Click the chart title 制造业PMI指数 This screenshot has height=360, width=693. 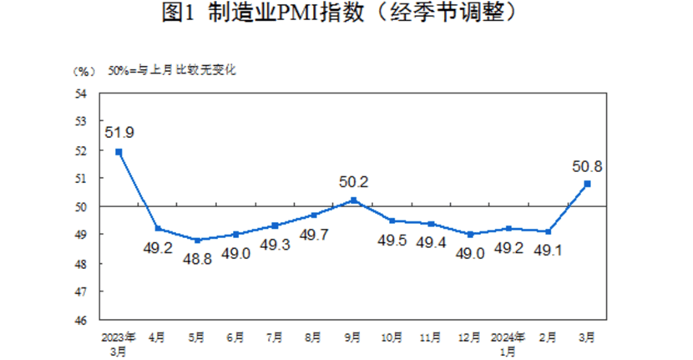pyautogui.click(x=346, y=14)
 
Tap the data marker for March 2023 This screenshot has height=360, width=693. pyautogui.click(x=119, y=151)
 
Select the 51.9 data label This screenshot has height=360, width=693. pyautogui.click(x=119, y=132)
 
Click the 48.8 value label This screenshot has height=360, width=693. pyautogui.click(x=197, y=258)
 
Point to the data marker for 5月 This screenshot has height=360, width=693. pyautogui.click(x=197, y=241)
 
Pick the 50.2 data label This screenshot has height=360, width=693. pyautogui.click(x=353, y=181)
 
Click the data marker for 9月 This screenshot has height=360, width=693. pyautogui.click(x=353, y=200)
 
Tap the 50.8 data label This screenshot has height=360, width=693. pyautogui.click(x=588, y=165)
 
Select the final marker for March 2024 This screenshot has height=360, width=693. pyautogui.click(x=588, y=184)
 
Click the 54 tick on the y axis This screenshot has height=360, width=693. pyautogui.click(x=82, y=94)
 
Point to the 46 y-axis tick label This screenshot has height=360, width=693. pyautogui.click(x=82, y=320)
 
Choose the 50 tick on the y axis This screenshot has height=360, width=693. pyautogui.click(x=82, y=206)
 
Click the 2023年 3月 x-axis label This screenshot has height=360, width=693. pyautogui.click(x=119, y=344)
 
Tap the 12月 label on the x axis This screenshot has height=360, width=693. pyautogui.click(x=470, y=338)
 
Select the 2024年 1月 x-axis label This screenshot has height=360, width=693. pyautogui.click(x=509, y=344)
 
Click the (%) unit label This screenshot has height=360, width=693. pyautogui.click(x=84, y=71)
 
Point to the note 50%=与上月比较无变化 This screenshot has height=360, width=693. pyautogui.click(x=171, y=71)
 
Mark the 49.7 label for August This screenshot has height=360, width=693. pyautogui.click(x=314, y=234)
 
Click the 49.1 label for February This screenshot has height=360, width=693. pyautogui.click(x=549, y=249)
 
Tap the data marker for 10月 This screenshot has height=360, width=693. pyautogui.click(x=392, y=221)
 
